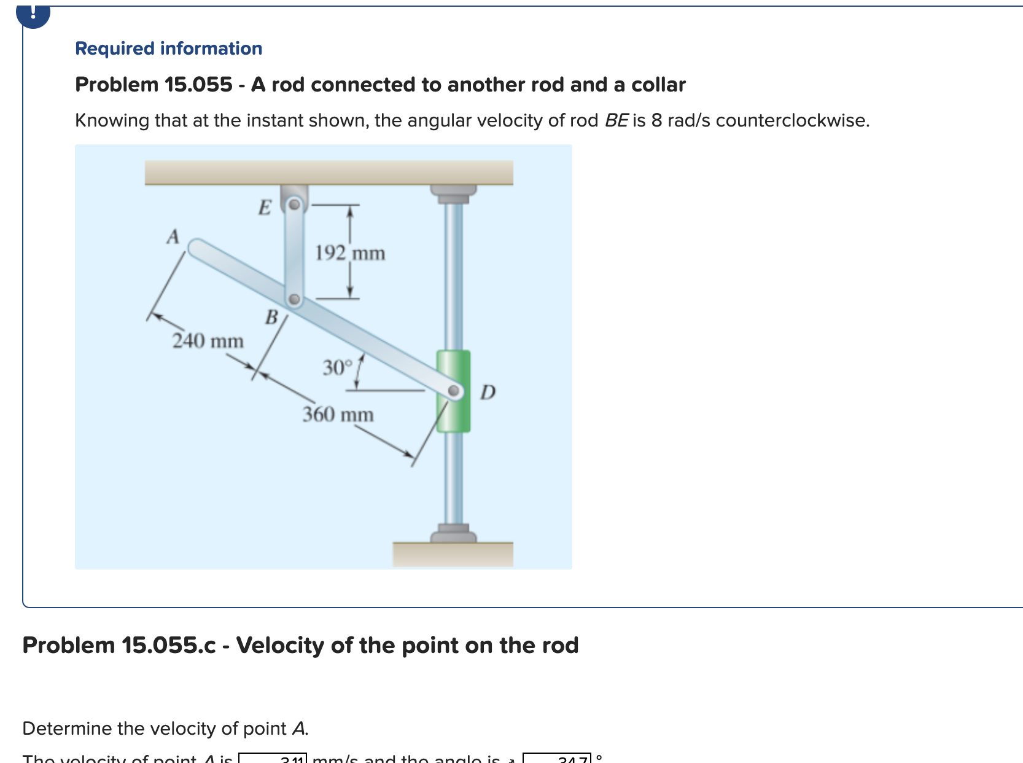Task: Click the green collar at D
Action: pos(453,369)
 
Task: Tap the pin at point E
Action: pos(295,204)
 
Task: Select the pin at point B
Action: pos(294,300)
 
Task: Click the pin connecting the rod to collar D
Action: pos(454,391)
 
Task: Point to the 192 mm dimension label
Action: pos(350,253)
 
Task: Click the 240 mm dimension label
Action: pos(208,341)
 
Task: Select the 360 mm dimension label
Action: pos(338,415)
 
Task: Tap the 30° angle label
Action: pos(338,368)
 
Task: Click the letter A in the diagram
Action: pos(173,237)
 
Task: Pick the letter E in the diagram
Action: pos(264,208)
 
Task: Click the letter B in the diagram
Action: pos(271,318)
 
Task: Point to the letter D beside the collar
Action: pos(488,392)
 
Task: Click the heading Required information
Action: pos(168,49)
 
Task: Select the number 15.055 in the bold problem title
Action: pos(198,85)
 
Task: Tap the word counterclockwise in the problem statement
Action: pos(792,120)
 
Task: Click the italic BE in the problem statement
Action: pos(616,120)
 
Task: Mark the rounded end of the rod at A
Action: pos(197,248)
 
